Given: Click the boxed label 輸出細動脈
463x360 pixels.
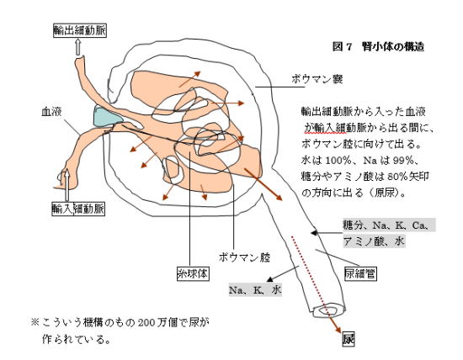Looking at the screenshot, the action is tap(80, 30).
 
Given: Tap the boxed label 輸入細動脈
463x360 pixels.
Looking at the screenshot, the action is tap(78, 209).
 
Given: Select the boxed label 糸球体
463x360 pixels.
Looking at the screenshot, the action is tap(193, 273).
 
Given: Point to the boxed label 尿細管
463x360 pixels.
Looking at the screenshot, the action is tap(360, 273).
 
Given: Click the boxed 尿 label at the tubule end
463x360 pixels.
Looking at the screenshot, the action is tap(349, 339).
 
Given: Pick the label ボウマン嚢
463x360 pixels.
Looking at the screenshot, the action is tap(317, 79).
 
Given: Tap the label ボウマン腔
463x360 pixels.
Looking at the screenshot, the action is tap(244, 257).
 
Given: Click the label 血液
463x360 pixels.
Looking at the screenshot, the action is tap(51, 112).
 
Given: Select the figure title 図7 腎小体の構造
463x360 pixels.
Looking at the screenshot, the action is tap(378, 46).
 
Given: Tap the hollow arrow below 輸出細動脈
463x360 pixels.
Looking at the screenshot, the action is tap(78, 47).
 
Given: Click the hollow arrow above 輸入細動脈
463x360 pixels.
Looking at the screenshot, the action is tap(67, 184).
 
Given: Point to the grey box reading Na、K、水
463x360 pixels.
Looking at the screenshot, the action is tap(255, 290).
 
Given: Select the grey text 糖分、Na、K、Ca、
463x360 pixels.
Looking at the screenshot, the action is tap(389, 225).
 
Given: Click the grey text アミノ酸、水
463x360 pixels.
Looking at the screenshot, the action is tap(374, 241).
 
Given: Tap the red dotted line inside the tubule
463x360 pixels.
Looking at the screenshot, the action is tap(310, 273).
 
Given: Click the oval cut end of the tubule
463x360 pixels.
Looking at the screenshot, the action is tap(328, 310).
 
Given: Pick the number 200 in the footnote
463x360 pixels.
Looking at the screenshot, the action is tap(146, 322).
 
